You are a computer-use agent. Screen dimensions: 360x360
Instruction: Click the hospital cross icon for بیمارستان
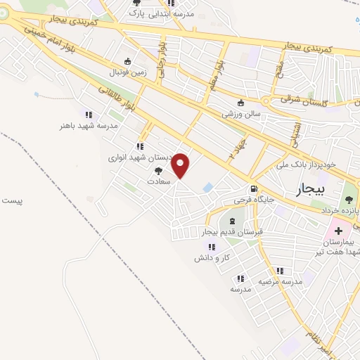click(x=339, y=231)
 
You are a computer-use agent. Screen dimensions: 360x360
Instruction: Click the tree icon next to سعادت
click(x=158, y=170)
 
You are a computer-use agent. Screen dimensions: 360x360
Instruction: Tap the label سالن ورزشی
click(x=241, y=112)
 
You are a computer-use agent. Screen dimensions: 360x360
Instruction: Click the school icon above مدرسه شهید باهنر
click(x=88, y=115)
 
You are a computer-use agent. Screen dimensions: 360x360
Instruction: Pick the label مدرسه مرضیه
click(x=279, y=281)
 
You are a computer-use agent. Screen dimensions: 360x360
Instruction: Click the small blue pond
click(x=208, y=188)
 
